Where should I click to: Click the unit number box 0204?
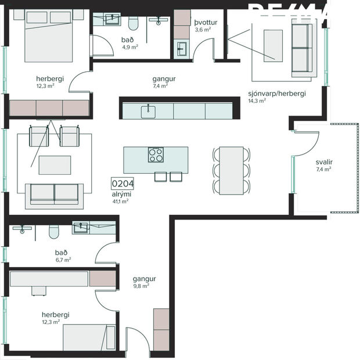pos(123,185)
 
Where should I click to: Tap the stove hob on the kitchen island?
pos(156,154)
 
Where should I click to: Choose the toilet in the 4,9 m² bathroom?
pos(133,24)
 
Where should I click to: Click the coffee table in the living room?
pos(55,165)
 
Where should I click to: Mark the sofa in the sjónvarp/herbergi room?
pos(301,49)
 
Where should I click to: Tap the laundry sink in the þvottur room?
pos(182,48)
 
